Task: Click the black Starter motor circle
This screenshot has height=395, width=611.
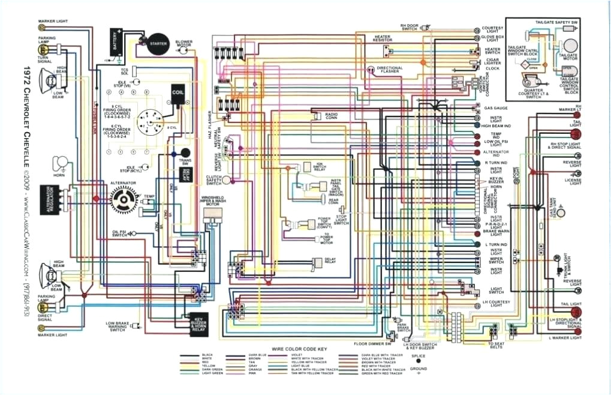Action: (158, 43)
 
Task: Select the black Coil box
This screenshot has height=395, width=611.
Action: (177, 94)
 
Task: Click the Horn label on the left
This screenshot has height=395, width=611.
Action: (59, 176)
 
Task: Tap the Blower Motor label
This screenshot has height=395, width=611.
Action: (183, 44)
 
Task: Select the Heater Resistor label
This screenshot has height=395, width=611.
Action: (383, 38)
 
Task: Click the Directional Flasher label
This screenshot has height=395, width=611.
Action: (390, 70)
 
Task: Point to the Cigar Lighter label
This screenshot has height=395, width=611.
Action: (492, 60)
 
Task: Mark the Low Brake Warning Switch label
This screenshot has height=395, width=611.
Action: (118, 327)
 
